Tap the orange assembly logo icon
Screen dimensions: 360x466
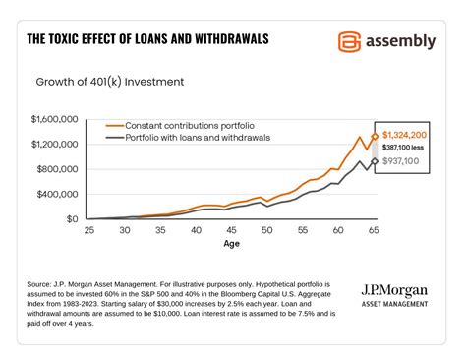tap(348, 41)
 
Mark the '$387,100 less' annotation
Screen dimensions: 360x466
tap(404, 148)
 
